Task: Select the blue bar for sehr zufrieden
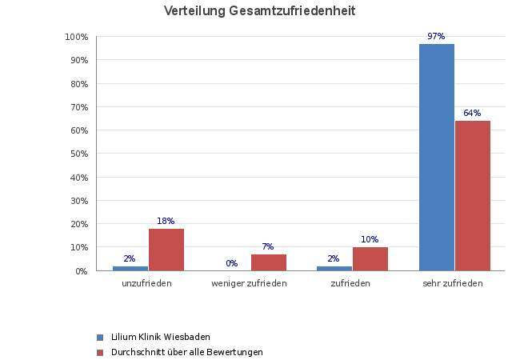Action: pos(437,157)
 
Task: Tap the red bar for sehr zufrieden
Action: pos(473,195)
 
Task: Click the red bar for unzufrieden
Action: pos(166,250)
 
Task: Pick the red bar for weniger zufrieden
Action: pos(269,262)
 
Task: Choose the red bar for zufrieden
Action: pos(370,258)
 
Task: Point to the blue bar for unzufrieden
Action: pos(130,268)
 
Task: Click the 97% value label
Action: pos(436,37)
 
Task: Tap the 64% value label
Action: pos(472,114)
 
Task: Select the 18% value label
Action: pos(166,221)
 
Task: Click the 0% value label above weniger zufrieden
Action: pos(232,263)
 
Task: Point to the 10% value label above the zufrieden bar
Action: pos(370,239)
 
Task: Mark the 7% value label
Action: pos(268,246)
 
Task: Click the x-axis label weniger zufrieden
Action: pos(249,283)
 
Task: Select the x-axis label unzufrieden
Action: pos(147,283)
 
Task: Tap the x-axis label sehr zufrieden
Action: pos(453,283)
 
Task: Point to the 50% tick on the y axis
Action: pos(77,154)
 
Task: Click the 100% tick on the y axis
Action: pos(76,37)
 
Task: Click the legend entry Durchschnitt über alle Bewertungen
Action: pos(186,352)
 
